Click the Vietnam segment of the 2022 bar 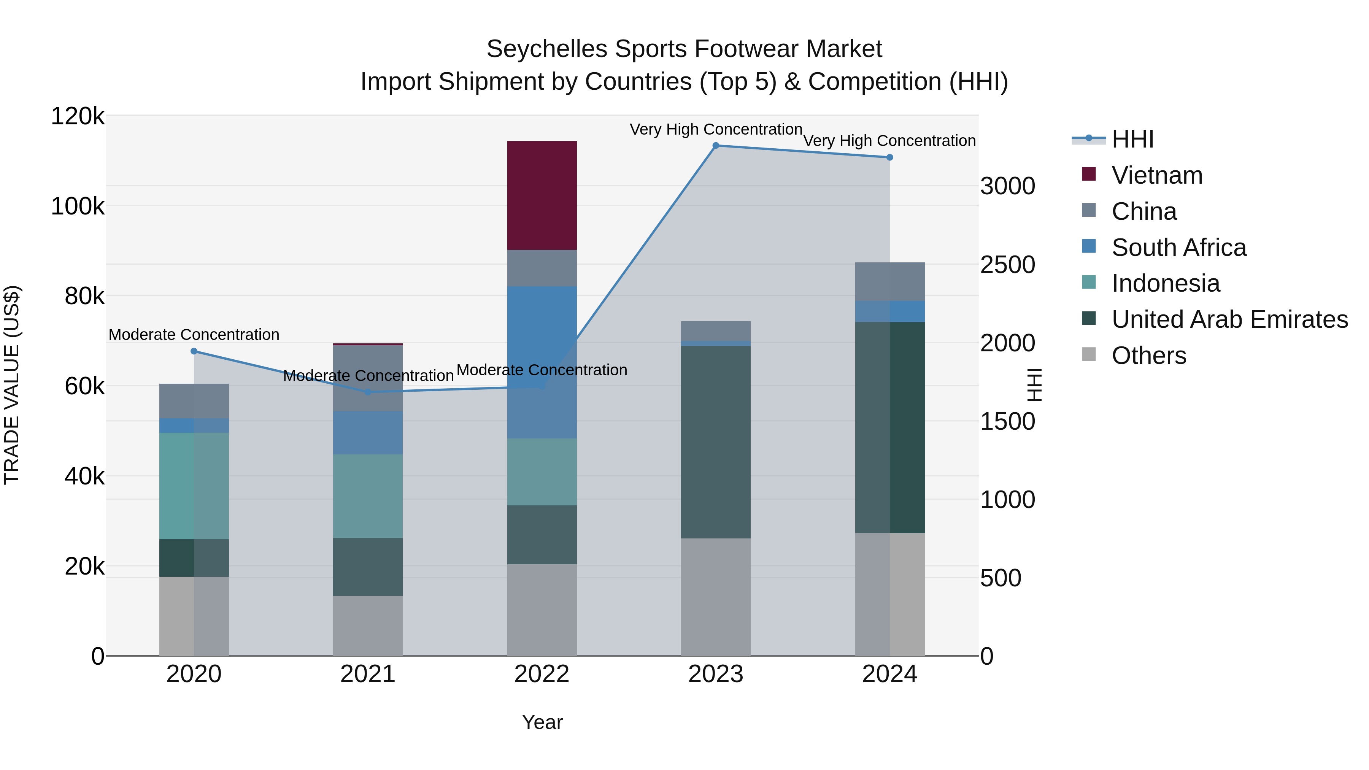click(x=542, y=195)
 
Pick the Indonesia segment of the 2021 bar click(x=368, y=496)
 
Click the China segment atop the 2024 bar click(x=889, y=282)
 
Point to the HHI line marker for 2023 click(x=715, y=146)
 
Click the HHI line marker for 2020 click(x=194, y=351)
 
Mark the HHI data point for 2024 click(x=889, y=157)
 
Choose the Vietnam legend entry click(x=1156, y=175)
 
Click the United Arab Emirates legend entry click(x=1229, y=319)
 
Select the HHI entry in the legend click(x=1132, y=139)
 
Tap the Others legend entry click(x=1148, y=356)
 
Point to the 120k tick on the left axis click(x=78, y=116)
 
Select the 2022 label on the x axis click(x=542, y=674)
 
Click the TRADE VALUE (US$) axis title click(x=12, y=385)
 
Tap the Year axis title click(x=542, y=722)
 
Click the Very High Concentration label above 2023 click(x=716, y=129)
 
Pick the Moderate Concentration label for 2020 click(x=194, y=335)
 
